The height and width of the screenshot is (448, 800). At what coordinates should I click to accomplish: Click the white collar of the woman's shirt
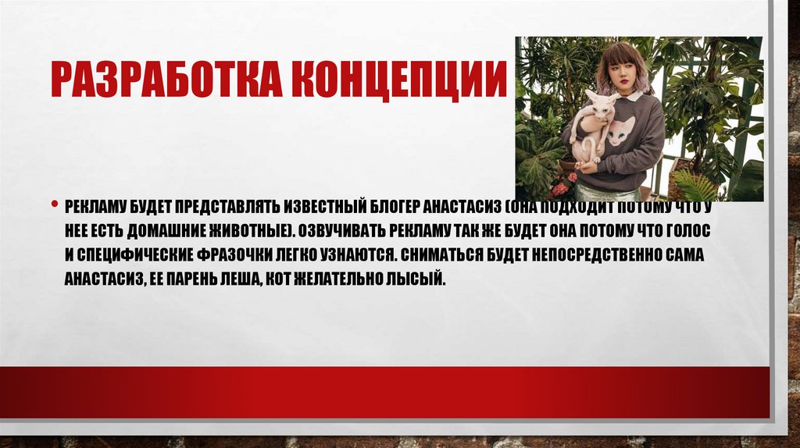634,95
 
